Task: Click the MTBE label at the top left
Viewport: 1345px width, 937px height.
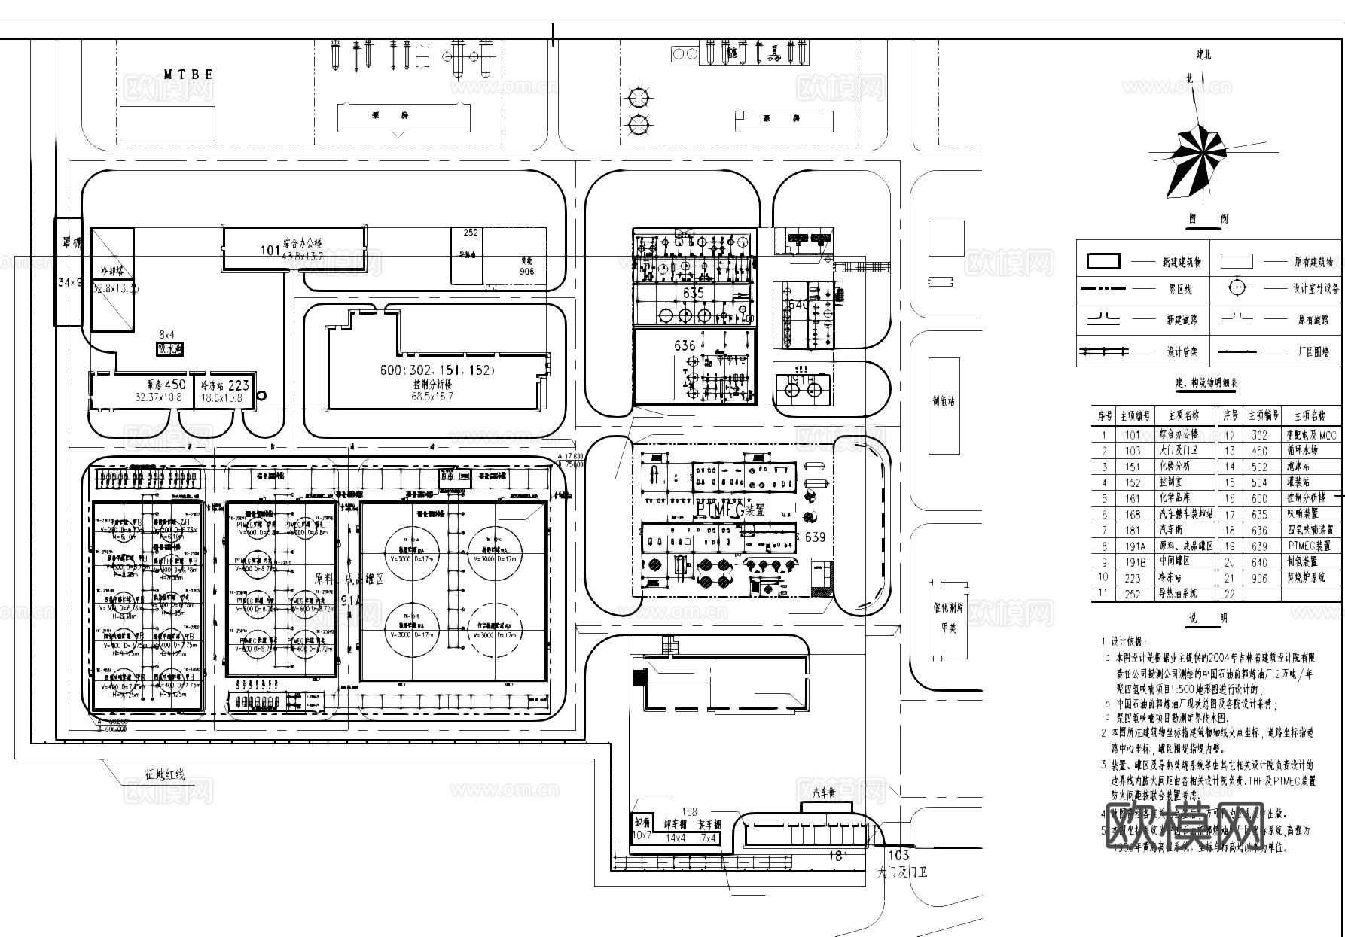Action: tap(189, 75)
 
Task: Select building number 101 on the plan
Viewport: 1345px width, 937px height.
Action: tap(270, 249)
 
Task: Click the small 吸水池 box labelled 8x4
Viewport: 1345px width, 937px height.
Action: tap(169, 348)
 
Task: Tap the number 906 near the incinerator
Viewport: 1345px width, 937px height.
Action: tap(526, 272)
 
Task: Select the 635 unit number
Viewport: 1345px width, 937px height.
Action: tap(692, 294)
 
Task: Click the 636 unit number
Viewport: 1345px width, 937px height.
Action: tap(685, 346)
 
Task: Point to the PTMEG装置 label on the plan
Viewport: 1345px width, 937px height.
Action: tap(730, 510)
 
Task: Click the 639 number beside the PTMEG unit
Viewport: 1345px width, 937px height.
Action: tap(815, 537)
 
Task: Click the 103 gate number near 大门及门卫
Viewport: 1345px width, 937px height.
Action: tap(898, 856)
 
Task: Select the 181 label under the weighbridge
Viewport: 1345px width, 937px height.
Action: tap(837, 856)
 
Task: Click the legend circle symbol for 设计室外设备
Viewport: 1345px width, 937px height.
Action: tap(1238, 288)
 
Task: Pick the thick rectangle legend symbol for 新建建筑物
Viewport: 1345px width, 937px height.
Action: tap(1103, 261)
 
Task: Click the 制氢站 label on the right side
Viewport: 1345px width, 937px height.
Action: tap(944, 401)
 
